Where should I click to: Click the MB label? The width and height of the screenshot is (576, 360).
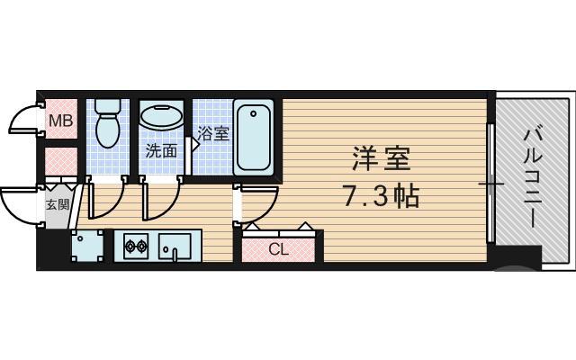(59, 121)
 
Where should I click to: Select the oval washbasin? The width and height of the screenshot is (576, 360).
(161, 118)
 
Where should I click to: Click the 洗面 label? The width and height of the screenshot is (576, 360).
(162, 150)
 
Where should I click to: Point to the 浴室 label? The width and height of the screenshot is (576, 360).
(213, 135)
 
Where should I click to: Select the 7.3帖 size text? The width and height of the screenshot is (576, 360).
(381, 195)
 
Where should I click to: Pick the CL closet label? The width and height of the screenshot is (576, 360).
(279, 249)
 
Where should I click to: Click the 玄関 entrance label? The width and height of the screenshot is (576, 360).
(57, 204)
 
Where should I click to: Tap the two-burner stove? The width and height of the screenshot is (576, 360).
(135, 245)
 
